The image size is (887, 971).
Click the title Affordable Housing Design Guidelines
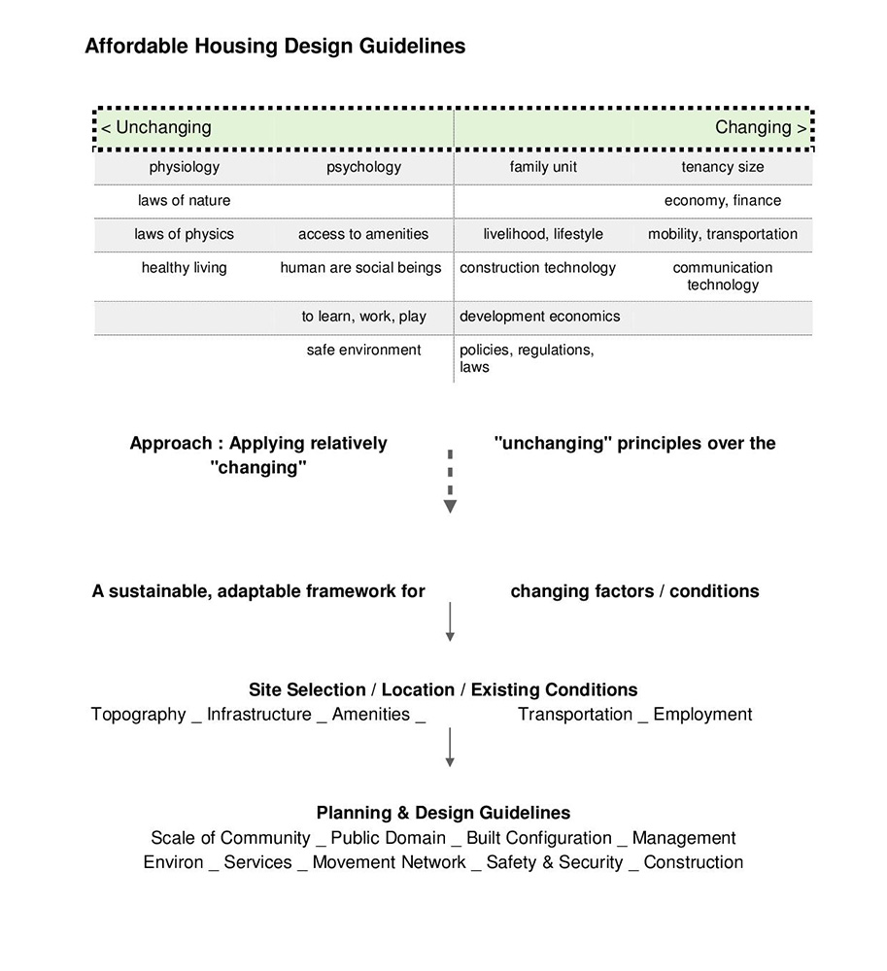click(x=275, y=46)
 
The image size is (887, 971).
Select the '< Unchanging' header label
click(x=156, y=127)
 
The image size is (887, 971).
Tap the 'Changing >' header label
click(x=760, y=127)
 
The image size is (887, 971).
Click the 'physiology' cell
click(x=185, y=167)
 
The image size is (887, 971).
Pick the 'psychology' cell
click(x=363, y=167)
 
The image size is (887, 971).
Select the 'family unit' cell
click(x=543, y=167)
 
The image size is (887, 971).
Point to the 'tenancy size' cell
click(x=723, y=167)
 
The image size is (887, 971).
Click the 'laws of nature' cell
click(x=185, y=201)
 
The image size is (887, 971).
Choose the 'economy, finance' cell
click(x=723, y=201)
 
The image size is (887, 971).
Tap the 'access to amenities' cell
click(x=363, y=234)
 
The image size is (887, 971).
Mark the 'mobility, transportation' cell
click(x=723, y=234)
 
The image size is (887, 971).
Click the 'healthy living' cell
click(x=185, y=268)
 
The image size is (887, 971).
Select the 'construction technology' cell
click(x=538, y=268)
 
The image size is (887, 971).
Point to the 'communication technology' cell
click(x=723, y=276)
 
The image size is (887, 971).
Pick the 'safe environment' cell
click(x=364, y=350)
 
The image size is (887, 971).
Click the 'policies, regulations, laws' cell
click(x=526, y=358)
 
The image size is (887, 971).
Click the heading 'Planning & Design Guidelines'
click(x=443, y=813)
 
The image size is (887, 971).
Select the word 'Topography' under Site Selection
click(x=138, y=715)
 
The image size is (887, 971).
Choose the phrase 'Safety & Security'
click(x=555, y=862)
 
